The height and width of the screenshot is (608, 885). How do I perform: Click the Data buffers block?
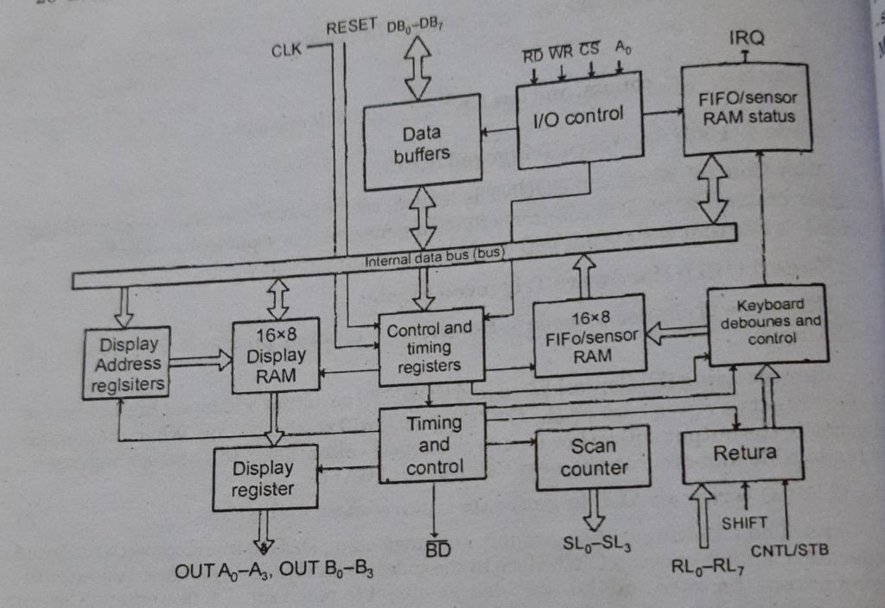point(422,142)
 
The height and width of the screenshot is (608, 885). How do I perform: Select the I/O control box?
point(578,119)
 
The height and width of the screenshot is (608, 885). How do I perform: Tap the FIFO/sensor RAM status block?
point(748,108)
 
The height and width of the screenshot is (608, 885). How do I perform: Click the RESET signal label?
point(352,26)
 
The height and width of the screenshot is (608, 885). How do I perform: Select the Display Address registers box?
point(126,364)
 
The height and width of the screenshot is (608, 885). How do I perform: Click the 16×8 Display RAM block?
point(276,355)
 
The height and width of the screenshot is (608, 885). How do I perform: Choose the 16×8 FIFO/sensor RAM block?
point(589,336)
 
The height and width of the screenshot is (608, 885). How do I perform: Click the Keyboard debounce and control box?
point(768,322)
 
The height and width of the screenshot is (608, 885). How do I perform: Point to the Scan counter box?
point(593,457)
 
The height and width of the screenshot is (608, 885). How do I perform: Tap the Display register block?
point(264,478)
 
